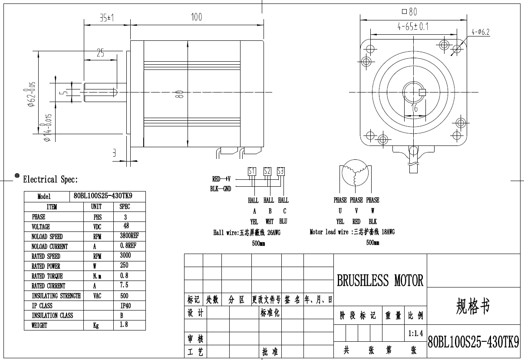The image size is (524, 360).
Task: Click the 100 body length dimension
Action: (197, 17)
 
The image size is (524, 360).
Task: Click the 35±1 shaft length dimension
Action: (106, 18)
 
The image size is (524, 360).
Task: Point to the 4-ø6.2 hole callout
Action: (481, 32)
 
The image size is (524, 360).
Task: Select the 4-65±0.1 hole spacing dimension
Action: (413, 26)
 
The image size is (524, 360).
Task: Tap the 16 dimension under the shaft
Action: (415, 108)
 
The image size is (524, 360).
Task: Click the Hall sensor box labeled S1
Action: (252, 172)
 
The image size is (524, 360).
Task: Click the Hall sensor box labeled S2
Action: (267, 172)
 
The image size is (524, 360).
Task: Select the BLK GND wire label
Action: (221, 189)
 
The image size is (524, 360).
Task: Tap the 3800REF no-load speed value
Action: (129, 236)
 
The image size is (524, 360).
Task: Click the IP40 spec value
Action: (125, 306)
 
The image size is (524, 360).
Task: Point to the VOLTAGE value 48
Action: (126, 226)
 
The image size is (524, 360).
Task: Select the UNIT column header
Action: (96, 207)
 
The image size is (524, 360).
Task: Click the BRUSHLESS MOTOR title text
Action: (380, 281)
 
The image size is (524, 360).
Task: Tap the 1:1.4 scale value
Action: (415, 334)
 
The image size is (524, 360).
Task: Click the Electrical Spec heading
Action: (50, 179)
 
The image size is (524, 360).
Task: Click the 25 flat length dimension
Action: (100, 53)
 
